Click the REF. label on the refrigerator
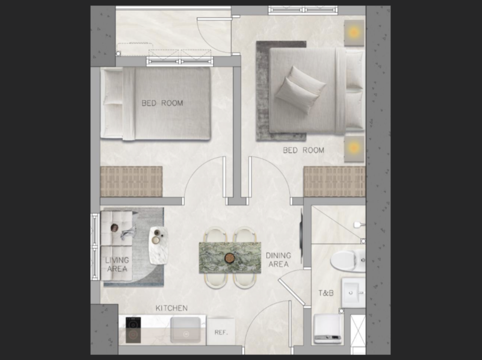tap(221, 332)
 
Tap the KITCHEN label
tap(171, 308)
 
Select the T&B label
tap(326, 293)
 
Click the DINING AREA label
tap(279, 260)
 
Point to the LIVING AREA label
tap(117, 264)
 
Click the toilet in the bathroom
tap(348, 261)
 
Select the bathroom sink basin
tap(353, 293)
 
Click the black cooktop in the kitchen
tap(133, 330)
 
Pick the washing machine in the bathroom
tap(328, 328)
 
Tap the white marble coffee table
tap(159, 246)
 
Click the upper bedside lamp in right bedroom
tap(354, 32)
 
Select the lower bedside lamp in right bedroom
tap(354, 149)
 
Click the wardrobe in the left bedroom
tap(131, 182)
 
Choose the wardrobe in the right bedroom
tap(335, 182)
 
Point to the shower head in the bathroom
tap(359, 225)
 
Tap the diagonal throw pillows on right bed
tap(300, 89)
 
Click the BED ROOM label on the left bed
tap(162, 104)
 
